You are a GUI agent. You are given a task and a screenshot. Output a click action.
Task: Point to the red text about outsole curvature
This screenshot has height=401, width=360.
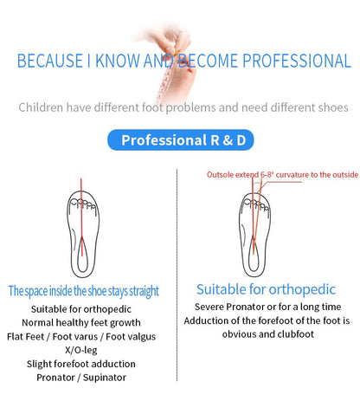point(281,174)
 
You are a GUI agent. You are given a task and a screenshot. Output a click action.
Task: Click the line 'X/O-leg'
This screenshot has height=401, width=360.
point(81,349)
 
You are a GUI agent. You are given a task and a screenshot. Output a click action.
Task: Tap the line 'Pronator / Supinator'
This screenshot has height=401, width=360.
point(81,377)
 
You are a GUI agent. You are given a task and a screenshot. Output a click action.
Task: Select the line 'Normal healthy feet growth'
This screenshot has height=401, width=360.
point(81,321)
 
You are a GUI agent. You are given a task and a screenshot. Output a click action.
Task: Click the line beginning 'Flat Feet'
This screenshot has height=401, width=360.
point(81,335)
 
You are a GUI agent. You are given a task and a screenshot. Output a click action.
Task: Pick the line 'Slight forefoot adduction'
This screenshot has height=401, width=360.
point(81,363)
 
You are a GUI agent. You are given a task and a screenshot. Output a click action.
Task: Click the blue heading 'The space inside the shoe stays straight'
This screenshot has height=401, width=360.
point(83,291)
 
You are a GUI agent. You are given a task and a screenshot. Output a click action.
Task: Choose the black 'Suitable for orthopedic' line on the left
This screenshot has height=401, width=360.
point(81,307)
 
